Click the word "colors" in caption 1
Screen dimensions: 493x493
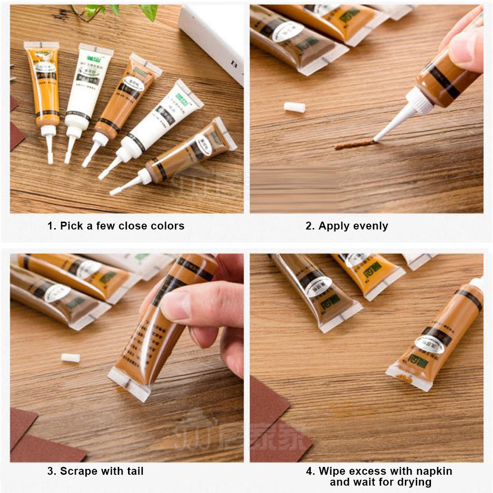click(166, 226)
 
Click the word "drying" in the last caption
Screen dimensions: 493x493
click(414, 482)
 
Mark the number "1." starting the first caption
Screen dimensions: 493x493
click(52, 226)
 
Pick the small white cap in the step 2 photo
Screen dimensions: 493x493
click(295, 107)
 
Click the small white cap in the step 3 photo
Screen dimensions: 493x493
click(70, 358)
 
